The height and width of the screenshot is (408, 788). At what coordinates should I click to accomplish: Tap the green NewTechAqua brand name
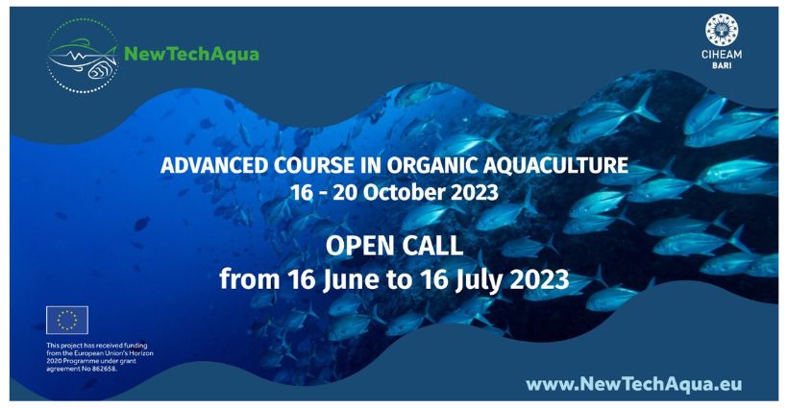tap(191, 54)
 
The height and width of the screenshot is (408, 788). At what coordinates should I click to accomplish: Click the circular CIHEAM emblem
tap(721, 30)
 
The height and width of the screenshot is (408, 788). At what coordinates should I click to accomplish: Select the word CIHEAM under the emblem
tap(721, 54)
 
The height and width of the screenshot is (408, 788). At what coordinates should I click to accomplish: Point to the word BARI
tap(722, 65)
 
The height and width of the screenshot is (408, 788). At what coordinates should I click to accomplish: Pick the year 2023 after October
tap(475, 193)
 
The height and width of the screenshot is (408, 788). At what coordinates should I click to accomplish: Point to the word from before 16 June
tap(249, 279)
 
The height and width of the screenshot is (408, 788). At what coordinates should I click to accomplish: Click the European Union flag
tap(67, 321)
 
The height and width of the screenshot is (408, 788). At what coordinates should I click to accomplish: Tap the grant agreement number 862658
tap(106, 369)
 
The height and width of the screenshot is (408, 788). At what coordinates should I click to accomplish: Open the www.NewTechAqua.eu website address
tap(633, 385)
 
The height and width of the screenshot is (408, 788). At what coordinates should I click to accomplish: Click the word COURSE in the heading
tap(289, 165)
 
